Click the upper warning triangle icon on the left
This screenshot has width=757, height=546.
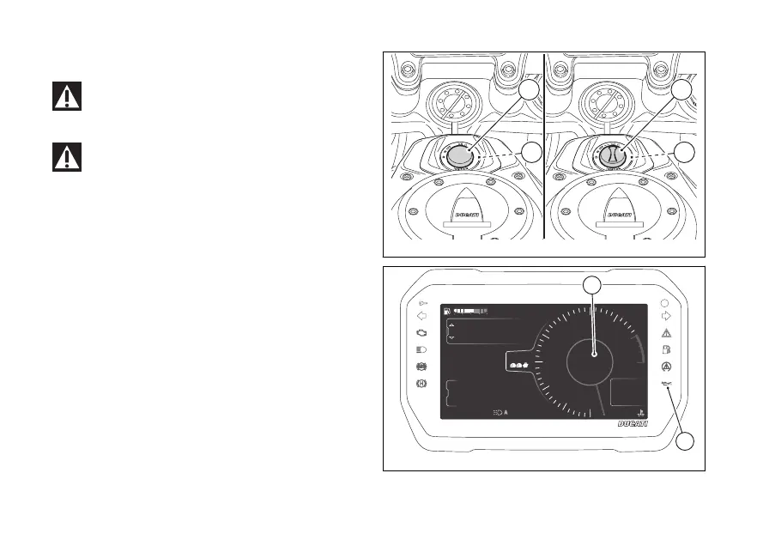pyautogui.click(x=65, y=97)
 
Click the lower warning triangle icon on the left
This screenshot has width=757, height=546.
pyautogui.click(x=65, y=156)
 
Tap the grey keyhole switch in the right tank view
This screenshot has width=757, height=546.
pyautogui.click(x=609, y=155)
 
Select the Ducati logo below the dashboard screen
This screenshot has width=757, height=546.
pyautogui.click(x=633, y=425)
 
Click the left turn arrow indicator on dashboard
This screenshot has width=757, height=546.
pyautogui.click(x=421, y=315)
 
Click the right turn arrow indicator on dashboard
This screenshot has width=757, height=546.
pyautogui.click(x=667, y=315)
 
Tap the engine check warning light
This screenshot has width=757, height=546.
pyautogui.click(x=421, y=332)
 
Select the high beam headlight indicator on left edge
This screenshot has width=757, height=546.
pyautogui.click(x=421, y=350)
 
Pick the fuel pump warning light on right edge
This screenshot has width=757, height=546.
pyautogui.click(x=667, y=350)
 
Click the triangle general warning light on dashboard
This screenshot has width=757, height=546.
pyautogui.click(x=667, y=332)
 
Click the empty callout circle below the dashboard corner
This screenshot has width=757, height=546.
pyautogui.click(x=684, y=442)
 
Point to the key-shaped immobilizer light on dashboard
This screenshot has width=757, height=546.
pyautogui.click(x=421, y=302)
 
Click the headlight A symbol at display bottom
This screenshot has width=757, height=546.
pyautogui.click(x=500, y=413)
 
